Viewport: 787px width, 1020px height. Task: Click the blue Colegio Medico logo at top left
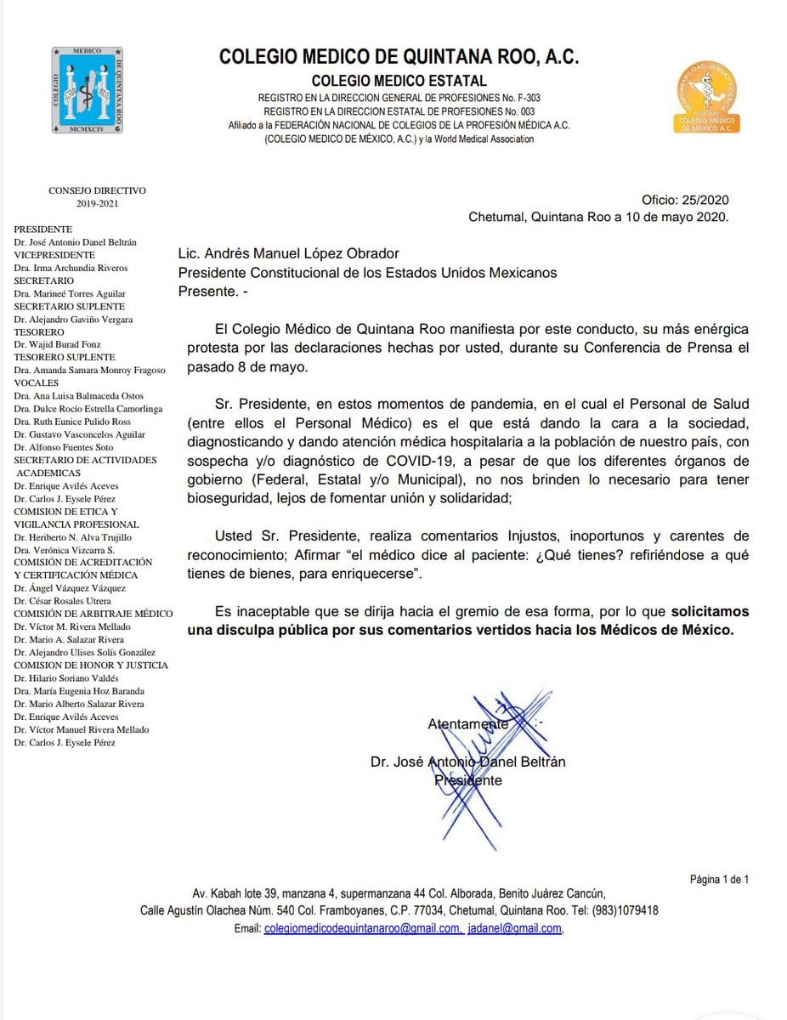pos(87,89)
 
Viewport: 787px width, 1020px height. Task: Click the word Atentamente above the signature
pos(467,724)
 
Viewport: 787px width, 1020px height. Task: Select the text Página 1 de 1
pos(719,880)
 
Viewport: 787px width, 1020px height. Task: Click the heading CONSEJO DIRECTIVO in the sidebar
pos(97,190)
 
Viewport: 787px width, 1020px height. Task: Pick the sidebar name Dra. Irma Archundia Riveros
pos(71,268)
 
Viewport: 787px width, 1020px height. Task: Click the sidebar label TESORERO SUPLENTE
pos(58,357)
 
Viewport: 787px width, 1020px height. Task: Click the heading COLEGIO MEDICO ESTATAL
pos(399,81)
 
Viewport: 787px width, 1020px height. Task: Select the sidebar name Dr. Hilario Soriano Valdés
pos(67,678)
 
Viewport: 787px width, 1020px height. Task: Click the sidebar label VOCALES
pos(36,382)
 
